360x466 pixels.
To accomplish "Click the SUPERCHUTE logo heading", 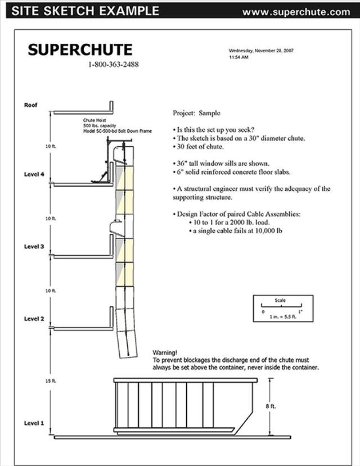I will (80, 49).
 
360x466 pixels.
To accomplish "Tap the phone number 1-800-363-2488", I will (113, 65).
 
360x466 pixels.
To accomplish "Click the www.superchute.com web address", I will (296, 11).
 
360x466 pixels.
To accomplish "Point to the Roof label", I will (30, 105).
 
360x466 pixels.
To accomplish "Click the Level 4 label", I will (34, 174).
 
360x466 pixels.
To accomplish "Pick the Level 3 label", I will (34, 246).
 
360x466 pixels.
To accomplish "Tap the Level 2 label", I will (34, 319).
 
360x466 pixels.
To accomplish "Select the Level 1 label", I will (34, 423).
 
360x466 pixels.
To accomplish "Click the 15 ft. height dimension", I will (51, 381).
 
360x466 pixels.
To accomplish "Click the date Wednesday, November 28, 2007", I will (261, 51).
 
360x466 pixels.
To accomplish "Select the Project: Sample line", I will (196, 113).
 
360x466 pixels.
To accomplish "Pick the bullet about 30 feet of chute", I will (199, 147).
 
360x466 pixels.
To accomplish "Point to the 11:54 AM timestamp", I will (238, 57).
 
